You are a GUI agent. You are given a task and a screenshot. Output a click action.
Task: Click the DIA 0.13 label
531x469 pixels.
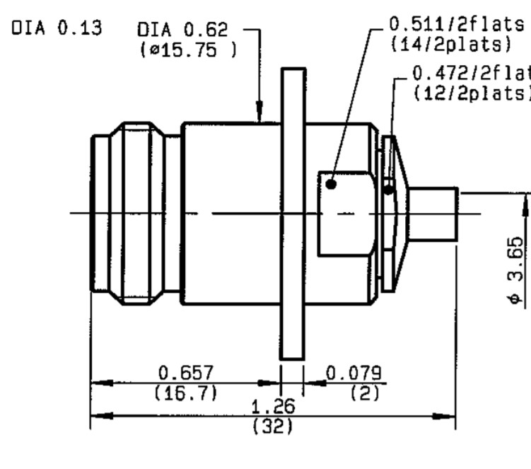pos(57,29)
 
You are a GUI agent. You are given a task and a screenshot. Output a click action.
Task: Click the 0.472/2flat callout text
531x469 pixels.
pos(471,73)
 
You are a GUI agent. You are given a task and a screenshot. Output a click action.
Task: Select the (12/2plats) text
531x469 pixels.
pos(471,92)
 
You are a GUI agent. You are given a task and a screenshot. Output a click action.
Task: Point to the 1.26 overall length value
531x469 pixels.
pos(274,407)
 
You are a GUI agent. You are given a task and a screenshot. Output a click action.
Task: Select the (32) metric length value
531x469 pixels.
pos(273,427)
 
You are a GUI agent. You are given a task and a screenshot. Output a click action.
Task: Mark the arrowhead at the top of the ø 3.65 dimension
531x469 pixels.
pos(527,206)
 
